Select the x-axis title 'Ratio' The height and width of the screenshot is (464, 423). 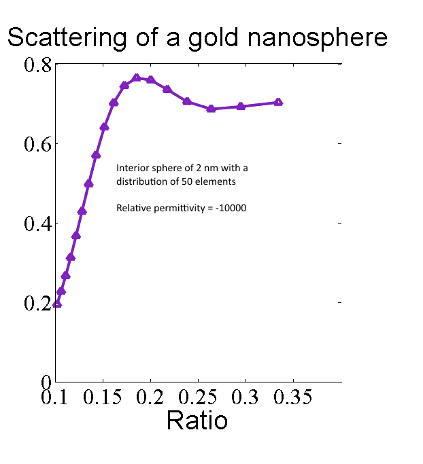click(197, 421)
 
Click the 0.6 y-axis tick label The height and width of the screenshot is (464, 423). click(37, 144)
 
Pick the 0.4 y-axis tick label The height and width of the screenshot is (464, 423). click(37, 224)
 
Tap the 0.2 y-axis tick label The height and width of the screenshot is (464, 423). click(37, 303)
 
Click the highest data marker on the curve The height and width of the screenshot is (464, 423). click(137, 78)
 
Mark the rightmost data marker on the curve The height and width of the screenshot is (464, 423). click(278, 103)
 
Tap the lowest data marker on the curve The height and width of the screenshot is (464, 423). click(57, 304)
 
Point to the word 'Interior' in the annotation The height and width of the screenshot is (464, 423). click(130, 168)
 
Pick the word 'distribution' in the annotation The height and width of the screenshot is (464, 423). click(138, 181)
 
